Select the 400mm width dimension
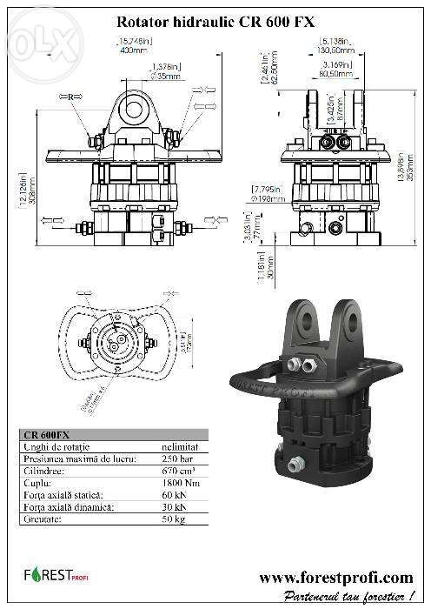[131, 50]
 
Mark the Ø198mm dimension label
[267, 197]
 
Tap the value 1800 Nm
[182, 483]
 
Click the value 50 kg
[176, 519]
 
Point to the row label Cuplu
[36, 483]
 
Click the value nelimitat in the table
[182, 446]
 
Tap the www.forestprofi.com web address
[336, 577]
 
